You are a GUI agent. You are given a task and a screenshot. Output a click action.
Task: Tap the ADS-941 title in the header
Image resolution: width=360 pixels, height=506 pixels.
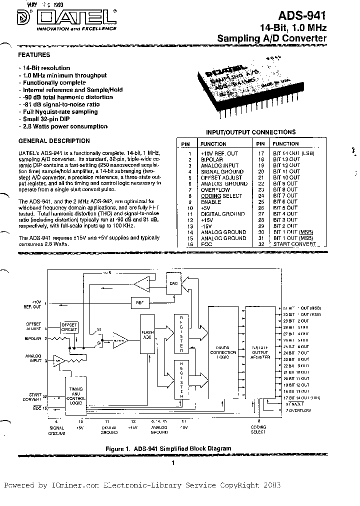305,17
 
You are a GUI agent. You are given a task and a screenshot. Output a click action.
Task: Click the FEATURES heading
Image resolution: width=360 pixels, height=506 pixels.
34,55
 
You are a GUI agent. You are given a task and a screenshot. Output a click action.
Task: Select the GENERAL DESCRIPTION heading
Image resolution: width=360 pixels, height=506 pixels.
54,141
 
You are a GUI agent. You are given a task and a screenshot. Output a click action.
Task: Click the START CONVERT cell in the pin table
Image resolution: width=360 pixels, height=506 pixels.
295,244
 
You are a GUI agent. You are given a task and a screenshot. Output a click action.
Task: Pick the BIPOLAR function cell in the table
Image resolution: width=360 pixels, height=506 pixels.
212,159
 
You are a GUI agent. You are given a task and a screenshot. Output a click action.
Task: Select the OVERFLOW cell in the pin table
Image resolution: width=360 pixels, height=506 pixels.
215,190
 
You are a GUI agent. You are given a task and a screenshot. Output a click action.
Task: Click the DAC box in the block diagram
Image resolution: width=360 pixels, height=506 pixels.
173,283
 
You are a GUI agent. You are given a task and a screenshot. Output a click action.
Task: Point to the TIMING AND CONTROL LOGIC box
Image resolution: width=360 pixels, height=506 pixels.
75,393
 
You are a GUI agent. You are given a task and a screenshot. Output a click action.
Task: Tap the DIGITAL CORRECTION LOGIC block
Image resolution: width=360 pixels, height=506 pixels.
222,352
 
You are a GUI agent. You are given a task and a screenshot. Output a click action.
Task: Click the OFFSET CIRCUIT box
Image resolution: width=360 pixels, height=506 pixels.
69,327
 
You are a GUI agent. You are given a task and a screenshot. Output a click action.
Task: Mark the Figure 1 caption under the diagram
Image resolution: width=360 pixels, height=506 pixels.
168,448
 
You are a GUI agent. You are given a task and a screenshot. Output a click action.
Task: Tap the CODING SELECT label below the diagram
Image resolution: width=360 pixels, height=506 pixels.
259,430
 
